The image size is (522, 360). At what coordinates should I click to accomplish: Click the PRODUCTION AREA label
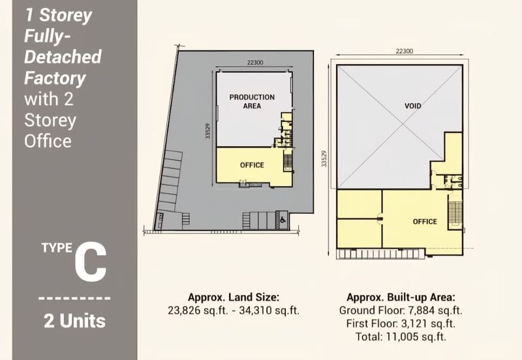click(252, 102)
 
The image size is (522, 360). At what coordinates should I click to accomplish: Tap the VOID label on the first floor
click(413, 106)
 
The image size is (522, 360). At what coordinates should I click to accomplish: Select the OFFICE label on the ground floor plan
click(252, 165)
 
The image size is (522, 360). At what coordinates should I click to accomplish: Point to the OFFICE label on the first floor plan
click(425, 222)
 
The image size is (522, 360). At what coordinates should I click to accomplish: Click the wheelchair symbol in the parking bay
click(282, 220)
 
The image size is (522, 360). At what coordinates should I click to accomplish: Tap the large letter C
click(91, 263)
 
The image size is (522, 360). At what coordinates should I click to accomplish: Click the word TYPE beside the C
click(57, 248)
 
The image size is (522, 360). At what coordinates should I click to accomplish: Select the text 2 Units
click(74, 321)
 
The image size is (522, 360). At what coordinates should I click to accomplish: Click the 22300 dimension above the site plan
click(255, 63)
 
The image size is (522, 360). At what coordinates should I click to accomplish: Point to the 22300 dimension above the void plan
click(405, 52)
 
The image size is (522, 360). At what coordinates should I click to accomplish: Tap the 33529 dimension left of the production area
click(207, 131)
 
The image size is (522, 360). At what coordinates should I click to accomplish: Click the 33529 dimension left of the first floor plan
click(324, 158)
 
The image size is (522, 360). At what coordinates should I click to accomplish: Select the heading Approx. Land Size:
click(234, 297)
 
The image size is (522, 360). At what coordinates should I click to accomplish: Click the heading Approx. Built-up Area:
click(401, 297)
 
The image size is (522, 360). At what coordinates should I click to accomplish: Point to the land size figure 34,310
click(254, 310)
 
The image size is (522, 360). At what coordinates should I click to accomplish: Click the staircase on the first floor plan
click(455, 211)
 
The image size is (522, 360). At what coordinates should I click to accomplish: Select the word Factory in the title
click(55, 78)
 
